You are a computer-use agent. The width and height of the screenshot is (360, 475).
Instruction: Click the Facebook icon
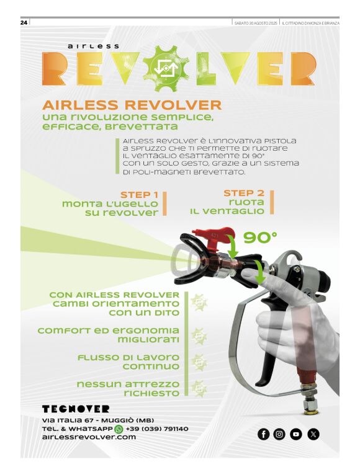pyautogui.click(x=263, y=434)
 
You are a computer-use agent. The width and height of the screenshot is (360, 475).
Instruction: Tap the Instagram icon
pyautogui.click(x=279, y=434)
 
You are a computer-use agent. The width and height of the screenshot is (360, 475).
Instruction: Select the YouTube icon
pyautogui.click(x=295, y=434)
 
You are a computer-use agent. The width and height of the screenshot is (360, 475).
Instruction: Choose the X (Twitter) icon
pyautogui.click(x=313, y=434)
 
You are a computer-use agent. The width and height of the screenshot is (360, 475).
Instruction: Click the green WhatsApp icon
pyautogui.click(x=119, y=429)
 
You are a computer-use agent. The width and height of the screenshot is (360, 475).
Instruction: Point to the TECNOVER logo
pyautogui.click(x=76, y=409)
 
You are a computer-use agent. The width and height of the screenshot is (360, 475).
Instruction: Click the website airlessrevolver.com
pyautogui.click(x=89, y=437)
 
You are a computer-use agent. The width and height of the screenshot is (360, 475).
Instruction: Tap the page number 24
pyautogui.click(x=24, y=22)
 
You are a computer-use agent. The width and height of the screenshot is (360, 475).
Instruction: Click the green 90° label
pyautogui.click(x=260, y=238)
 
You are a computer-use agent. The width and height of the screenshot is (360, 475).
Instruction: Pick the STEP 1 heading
pyautogui.click(x=139, y=195)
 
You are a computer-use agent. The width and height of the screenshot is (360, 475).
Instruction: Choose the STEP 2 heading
pyautogui.click(x=244, y=193)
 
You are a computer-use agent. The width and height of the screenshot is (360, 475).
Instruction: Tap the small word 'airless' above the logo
pyautogui.click(x=93, y=47)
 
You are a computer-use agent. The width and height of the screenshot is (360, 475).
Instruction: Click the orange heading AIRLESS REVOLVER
pyautogui.click(x=132, y=105)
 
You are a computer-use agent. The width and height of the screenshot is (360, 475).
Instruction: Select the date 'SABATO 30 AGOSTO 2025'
pyautogui.click(x=256, y=23)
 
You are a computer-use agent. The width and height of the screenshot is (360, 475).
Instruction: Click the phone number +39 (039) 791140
pyautogui.click(x=157, y=429)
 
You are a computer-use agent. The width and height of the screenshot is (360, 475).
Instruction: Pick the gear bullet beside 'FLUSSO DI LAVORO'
pyautogui.click(x=199, y=362)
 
